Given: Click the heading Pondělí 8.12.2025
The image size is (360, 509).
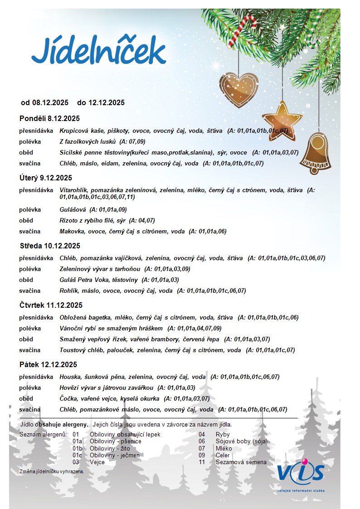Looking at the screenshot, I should pos(49,119).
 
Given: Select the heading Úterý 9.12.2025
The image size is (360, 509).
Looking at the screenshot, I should pos(46,178).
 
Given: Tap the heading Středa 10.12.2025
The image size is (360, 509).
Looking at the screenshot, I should pos(50,246).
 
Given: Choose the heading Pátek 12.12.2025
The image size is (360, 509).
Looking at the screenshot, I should pos(49,364).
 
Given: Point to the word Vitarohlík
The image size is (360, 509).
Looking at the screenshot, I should pos(74,190).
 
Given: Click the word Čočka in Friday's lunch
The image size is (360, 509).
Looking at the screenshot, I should pos(69,398).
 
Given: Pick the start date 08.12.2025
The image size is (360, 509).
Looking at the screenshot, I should pos(50,102).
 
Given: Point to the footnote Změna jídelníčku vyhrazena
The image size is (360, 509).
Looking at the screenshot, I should pos(52,471).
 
